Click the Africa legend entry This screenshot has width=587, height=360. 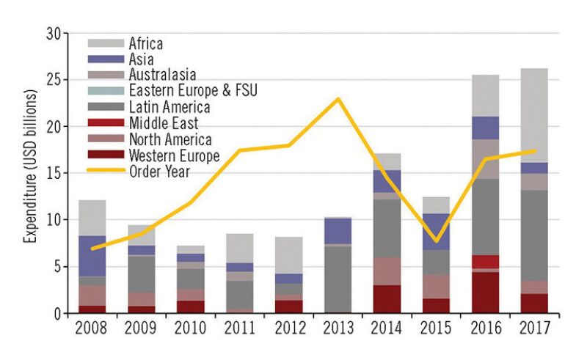point(145,44)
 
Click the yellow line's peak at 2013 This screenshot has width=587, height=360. point(338,99)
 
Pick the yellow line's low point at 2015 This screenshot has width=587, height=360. point(436,240)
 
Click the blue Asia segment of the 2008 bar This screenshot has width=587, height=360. point(92,256)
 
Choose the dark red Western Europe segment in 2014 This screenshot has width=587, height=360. point(387,299)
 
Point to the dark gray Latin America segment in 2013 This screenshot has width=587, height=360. point(338,279)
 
